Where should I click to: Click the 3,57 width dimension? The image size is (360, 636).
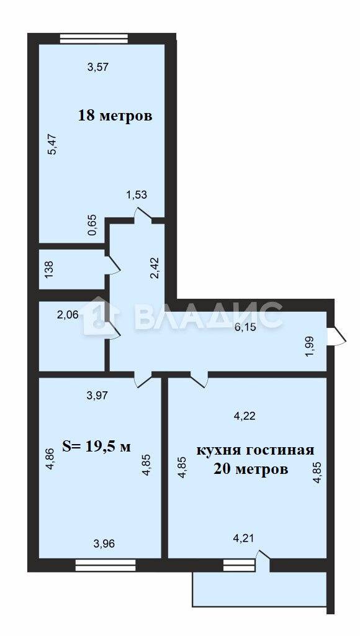click(x=98, y=67)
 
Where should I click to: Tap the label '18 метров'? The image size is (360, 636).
click(x=115, y=116)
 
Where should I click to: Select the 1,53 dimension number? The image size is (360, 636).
click(x=137, y=194)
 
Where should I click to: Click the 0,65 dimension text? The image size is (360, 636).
click(x=92, y=225)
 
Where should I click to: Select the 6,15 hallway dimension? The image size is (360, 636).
click(x=246, y=327)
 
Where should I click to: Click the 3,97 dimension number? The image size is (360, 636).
click(x=97, y=395)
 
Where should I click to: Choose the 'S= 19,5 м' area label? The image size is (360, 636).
click(x=96, y=447)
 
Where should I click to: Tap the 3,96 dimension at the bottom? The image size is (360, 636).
click(x=104, y=543)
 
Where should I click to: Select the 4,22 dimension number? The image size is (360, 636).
click(x=245, y=416)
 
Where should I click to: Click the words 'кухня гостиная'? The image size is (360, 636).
click(x=255, y=451)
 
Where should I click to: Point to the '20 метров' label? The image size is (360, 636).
click(x=251, y=470)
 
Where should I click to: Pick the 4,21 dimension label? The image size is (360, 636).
click(x=243, y=538)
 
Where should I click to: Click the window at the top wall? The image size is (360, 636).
click(x=94, y=39)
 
